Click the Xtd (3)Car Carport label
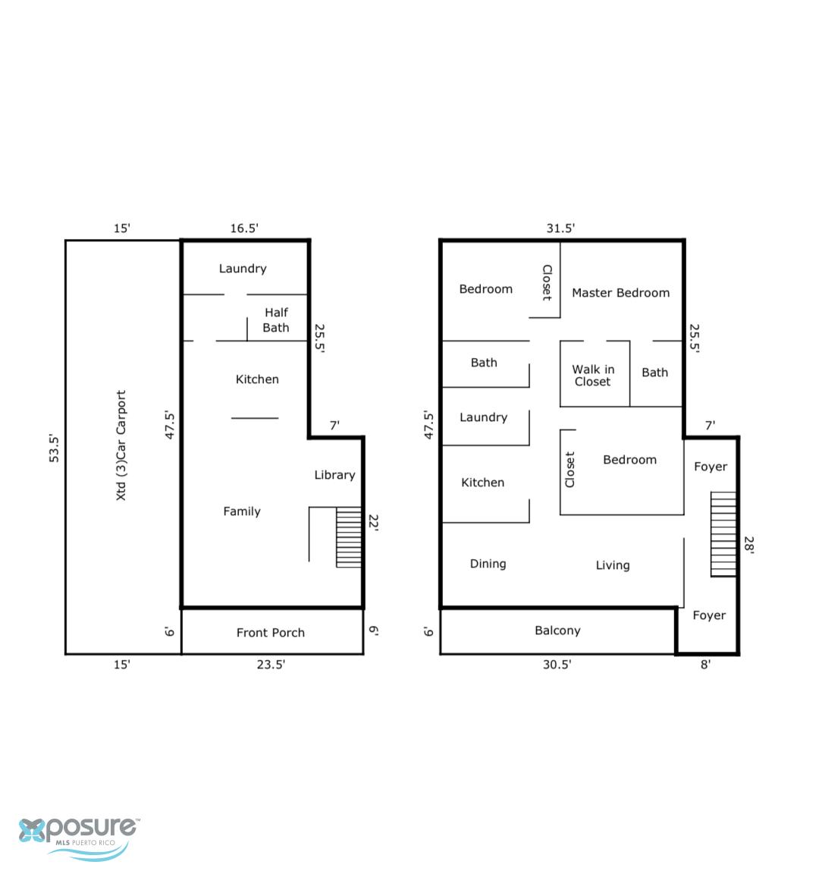tap(121, 445)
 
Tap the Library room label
tap(334, 475)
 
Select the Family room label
tap(242, 511)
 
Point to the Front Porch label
tap(271, 633)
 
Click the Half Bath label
tap(276, 320)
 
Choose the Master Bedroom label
tap(621, 293)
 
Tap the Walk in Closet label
tap(593, 376)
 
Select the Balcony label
tap(557, 630)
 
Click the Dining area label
tap(488, 564)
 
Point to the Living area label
tap(613, 565)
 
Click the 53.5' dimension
tap(54, 448)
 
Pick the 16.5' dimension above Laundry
tap(244, 228)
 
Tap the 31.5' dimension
tap(560, 228)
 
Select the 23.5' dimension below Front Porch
tap(271, 665)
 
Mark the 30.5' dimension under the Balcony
tap(557, 665)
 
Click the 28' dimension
tap(749, 545)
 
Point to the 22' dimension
tap(374, 523)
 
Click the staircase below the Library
tap(349, 537)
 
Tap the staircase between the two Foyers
tap(723, 534)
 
